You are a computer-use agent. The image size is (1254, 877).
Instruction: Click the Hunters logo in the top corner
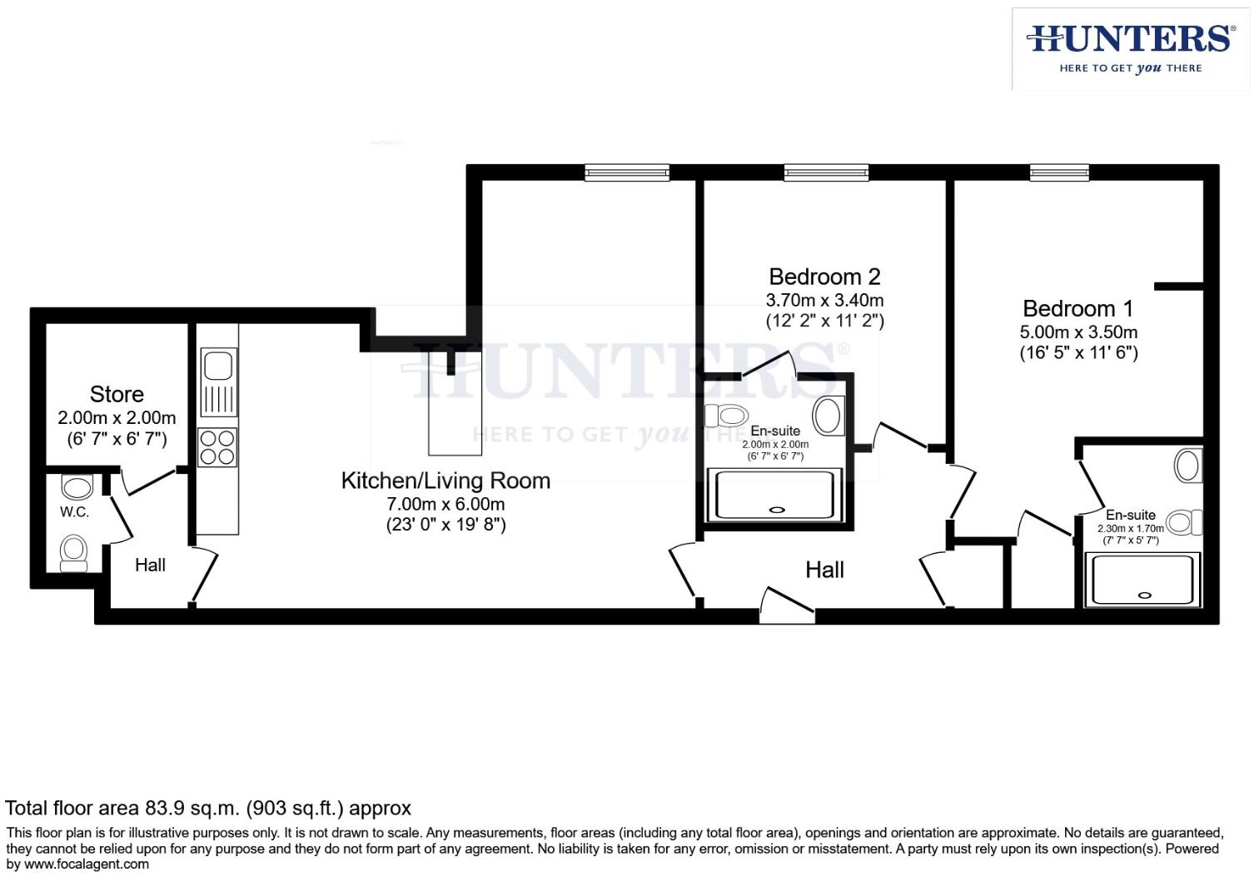click(1130, 48)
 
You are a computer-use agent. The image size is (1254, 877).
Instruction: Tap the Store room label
click(117, 394)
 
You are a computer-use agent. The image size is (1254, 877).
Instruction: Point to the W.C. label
click(74, 512)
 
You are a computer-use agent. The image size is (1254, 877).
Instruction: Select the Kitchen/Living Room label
click(445, 481)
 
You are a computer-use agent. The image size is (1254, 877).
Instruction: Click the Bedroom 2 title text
click(824, 277)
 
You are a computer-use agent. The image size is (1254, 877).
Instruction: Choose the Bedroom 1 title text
click(1077, 309)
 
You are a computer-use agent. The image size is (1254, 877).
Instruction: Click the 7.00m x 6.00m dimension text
click(445, 504)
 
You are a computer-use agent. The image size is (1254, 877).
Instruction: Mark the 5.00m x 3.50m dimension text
click(1078, 331)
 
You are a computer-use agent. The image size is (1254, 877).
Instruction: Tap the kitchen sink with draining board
click(218, 382)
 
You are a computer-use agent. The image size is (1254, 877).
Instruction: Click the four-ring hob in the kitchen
click(217, 446)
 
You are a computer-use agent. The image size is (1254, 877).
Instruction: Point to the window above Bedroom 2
click(826, 172)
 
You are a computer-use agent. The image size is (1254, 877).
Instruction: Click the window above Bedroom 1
click(1059, 172)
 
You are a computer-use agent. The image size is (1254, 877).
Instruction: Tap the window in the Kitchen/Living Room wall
click(626, 172)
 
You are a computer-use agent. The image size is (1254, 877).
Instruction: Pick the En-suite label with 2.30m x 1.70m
click(1130, 515)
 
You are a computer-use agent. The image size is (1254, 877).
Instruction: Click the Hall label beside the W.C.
click(150, 565)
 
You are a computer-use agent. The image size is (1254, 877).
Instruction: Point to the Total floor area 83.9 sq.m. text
click(208, 808)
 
